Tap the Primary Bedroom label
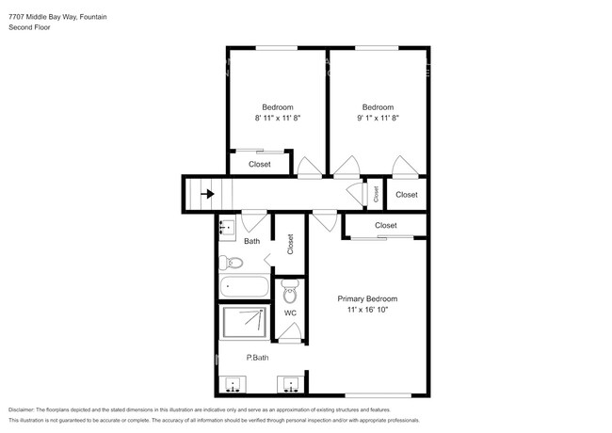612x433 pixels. tap(374, 298)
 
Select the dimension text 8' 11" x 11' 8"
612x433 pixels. tap(277, 119)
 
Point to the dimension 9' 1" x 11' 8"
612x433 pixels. tap(378, 119)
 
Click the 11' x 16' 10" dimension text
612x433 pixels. tap(374, 310)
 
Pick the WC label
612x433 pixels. tap(290, 313)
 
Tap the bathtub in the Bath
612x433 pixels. tap(243, 288)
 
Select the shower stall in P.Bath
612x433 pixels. tap(244, 323)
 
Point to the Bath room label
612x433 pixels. tap(251, 241)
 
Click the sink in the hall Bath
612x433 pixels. tap(227, 226)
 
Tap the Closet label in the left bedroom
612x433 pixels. tap(260, 165)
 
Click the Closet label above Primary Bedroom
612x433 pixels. tap(385, 226)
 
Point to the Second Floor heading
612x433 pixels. tap(29, 28)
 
